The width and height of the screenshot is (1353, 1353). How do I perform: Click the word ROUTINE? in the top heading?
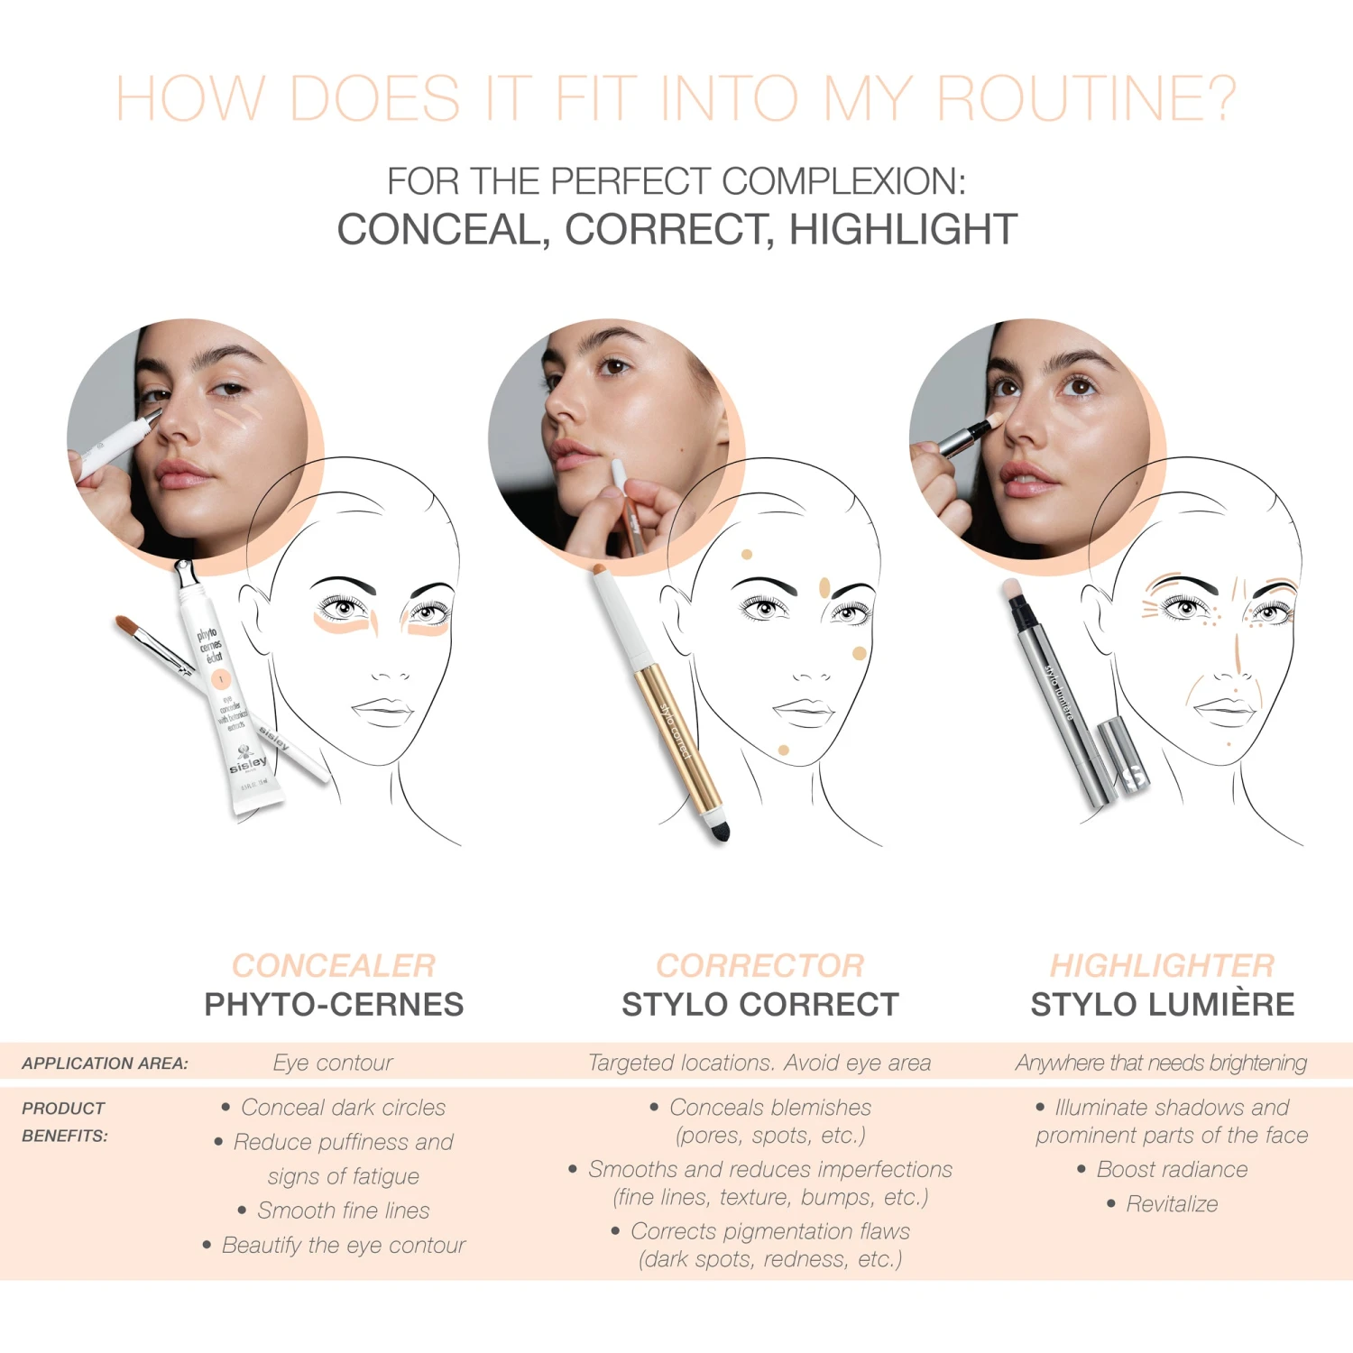click(x=1086, y=98)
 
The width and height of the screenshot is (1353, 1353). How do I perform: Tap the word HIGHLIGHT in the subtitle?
click(x=903, y=230)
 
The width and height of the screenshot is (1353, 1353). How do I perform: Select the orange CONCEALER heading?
click(x=334, y=965)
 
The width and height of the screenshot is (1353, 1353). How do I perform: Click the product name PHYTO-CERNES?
click(x=334, y=1005)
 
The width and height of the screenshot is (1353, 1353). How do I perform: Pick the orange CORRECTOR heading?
click(x=759, y=965)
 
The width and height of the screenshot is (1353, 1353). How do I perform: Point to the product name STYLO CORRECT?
click(x=759, y=1005)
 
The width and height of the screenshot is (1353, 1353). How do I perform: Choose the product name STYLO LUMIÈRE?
click(x=1162, y=1005)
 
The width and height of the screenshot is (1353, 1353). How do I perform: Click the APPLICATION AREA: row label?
click(x=105, y=1063)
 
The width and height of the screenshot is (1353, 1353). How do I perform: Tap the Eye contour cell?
click(x=333, y=1063)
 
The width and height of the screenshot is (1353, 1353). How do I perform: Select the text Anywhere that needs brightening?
click(x=1161, y=1063)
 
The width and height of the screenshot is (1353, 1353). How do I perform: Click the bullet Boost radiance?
click(x=1172, y=1170)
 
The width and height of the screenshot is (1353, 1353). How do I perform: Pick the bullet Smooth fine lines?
click(x=344, y=1210)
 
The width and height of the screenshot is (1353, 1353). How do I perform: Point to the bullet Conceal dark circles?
click(x=343, y=1108)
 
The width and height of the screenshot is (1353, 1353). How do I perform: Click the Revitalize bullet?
click(x=1172, y=1204)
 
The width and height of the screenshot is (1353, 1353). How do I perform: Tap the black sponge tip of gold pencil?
click(x=719, y=830)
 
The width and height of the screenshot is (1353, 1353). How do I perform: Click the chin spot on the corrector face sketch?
click(x=783, y=750)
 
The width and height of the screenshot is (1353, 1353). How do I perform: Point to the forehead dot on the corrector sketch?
click(x=747, y=555)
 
